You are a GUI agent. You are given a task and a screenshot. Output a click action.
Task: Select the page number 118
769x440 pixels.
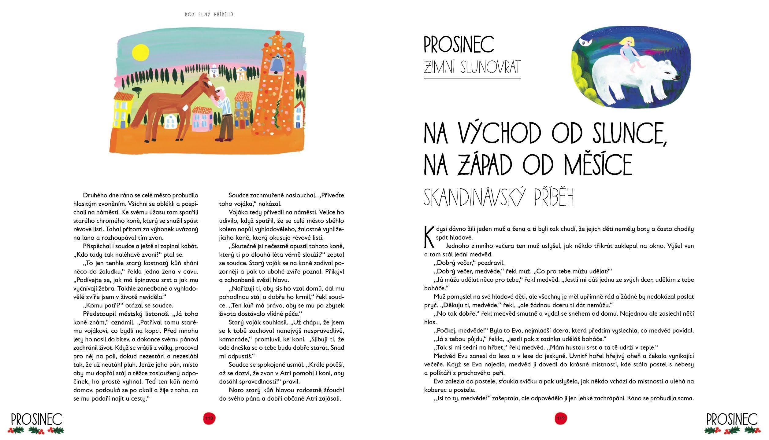tap(210, 418)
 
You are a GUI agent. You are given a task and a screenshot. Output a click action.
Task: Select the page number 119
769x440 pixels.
tap(561, 418)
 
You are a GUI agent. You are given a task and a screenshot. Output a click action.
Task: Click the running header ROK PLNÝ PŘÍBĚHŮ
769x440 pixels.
tap(209, 14)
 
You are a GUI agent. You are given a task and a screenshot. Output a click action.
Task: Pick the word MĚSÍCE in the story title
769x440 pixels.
tap(598, 165)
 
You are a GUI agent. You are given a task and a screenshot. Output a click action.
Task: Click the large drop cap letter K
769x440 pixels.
tap(429, 237)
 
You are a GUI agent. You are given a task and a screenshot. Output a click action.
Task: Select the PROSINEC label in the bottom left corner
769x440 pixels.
tap(36, 420)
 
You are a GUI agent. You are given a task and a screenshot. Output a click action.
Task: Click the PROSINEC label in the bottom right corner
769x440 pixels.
tap(732, 420)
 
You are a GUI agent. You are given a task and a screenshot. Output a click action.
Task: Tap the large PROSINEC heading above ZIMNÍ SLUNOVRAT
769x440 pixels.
tap(459, 45)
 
